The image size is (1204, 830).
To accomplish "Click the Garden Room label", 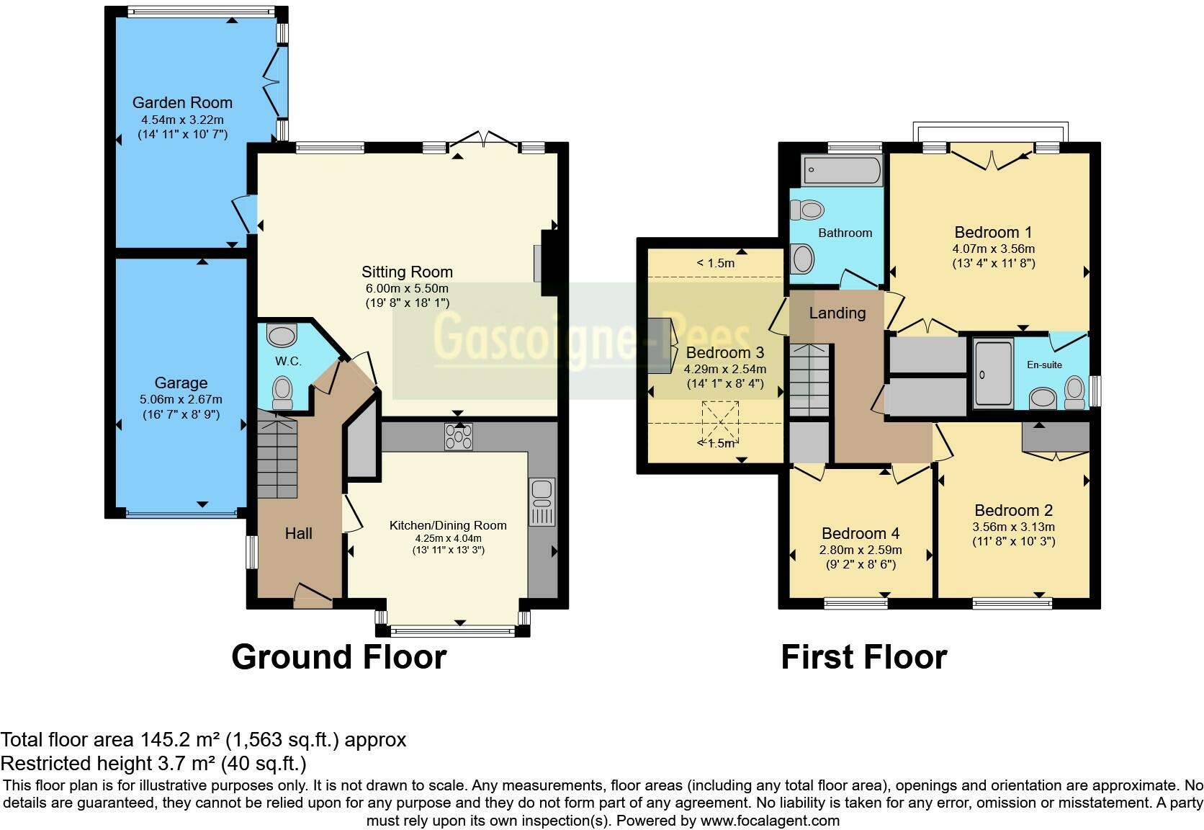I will click(182, 102).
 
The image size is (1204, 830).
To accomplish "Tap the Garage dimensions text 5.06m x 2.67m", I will click(181, 399).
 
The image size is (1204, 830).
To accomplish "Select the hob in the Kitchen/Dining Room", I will click(459, 437).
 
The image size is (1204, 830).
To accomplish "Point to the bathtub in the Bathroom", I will click(843, 171).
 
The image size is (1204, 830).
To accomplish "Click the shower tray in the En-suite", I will click(993, 374).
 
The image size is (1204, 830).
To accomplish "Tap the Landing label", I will click(837, 313).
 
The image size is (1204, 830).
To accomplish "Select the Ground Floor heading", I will click(338, 657).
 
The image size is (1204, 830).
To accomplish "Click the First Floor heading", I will click(863, 657).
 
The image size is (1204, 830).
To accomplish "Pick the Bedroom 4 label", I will click(861, 533).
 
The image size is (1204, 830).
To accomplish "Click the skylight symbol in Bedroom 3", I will click(720, 423).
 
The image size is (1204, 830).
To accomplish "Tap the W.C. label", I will click(288, 361).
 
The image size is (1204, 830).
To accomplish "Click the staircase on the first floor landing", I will click(810, 380).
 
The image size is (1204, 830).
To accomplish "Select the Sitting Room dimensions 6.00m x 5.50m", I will click(407, 288).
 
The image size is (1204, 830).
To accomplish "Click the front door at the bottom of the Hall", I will click(313, 595).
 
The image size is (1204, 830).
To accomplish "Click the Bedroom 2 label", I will click(1013, 510).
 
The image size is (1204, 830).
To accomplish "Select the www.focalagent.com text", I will click(770, 820).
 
